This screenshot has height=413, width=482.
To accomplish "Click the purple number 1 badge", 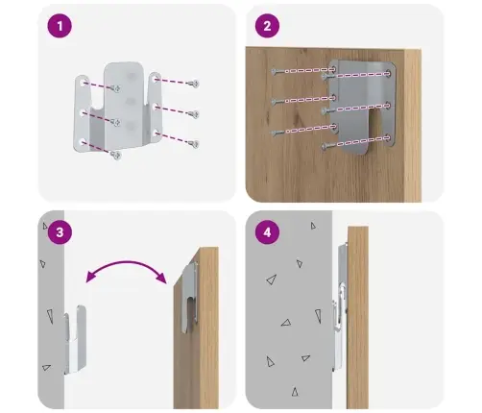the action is [x=60, y=26].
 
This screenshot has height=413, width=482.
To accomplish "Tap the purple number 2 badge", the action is [x=267, y=26].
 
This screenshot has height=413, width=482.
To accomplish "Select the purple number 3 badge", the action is [x=60, y=232].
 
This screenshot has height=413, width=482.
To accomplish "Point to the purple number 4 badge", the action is [x=267, y=232].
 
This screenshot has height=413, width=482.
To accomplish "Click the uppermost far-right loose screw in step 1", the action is [x=194, y=84].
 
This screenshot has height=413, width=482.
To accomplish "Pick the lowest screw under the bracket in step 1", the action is [x=115, y=156].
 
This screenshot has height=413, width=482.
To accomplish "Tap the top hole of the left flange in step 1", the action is [x=83, y=84].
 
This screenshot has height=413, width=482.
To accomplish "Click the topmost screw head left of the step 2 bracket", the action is [x=275, y=71].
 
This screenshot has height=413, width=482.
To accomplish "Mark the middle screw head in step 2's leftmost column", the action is [x=275, y=102].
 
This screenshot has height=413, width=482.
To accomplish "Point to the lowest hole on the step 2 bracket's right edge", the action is [x=388, y=138].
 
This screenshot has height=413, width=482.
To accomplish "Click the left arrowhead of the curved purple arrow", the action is [x=90, y=277].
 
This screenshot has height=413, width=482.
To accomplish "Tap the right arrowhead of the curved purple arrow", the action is [x=161, y=278].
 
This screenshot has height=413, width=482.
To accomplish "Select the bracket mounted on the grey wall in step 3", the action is [x=76, y=339].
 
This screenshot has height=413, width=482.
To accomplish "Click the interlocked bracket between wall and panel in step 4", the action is [x=340, y=307].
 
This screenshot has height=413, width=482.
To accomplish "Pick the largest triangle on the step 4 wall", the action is [x=272, y=279].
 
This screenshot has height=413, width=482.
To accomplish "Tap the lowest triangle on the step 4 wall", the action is [x=295, y=392].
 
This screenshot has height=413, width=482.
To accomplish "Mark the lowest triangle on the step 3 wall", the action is [x=46, y=367].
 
